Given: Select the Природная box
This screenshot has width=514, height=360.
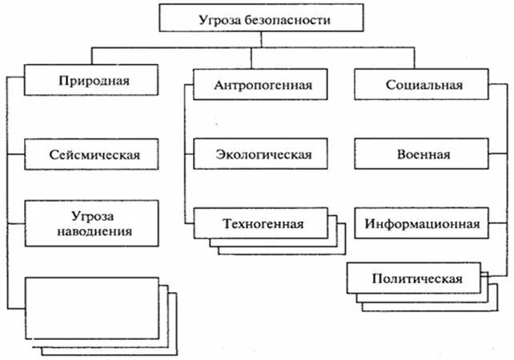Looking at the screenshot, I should click(94, 81).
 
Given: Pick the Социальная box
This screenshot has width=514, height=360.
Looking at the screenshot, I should click(420, 83).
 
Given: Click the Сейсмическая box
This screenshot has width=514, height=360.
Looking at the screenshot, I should click(94, 154).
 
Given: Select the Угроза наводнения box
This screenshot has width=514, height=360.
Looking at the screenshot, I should click(94, 223).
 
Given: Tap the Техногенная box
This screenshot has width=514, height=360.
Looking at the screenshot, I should click(262, 223).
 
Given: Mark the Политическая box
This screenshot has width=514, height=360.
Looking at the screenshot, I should click(416, 278).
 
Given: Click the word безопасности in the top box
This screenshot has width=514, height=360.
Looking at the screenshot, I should click(279, 18).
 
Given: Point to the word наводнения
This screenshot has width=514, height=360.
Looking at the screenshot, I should click(94, 233).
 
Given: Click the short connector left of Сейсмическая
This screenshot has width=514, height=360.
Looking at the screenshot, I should click(16, 154).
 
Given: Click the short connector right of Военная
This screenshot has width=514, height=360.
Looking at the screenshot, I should click(497, 154).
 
